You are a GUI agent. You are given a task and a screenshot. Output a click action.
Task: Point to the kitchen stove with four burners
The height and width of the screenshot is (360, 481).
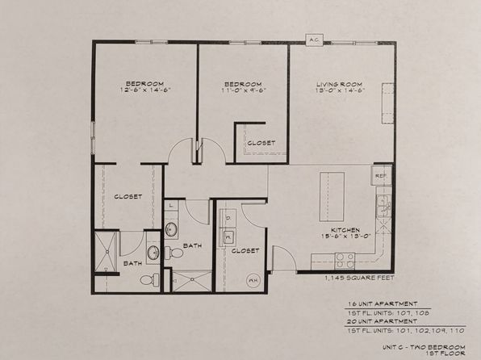point(345,259)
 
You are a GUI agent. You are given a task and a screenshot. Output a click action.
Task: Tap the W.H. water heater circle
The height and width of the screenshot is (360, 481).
point(253,281)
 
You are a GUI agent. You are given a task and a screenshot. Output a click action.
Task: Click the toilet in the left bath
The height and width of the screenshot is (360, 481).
point(147,280)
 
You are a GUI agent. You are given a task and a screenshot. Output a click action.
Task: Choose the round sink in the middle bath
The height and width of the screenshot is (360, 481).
point(172,229)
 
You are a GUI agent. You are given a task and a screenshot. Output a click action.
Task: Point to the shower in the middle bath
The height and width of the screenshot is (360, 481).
point(192,280)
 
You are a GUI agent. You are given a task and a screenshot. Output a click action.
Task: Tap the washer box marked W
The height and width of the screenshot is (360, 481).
point(228,236)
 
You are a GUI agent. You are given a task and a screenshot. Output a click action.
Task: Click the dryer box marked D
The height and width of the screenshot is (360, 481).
point(228,216)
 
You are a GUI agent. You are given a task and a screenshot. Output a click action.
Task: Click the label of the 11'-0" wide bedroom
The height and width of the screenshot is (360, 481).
point(243,84)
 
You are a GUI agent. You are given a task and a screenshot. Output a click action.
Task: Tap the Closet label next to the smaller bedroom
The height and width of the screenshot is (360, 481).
point(261,143)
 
